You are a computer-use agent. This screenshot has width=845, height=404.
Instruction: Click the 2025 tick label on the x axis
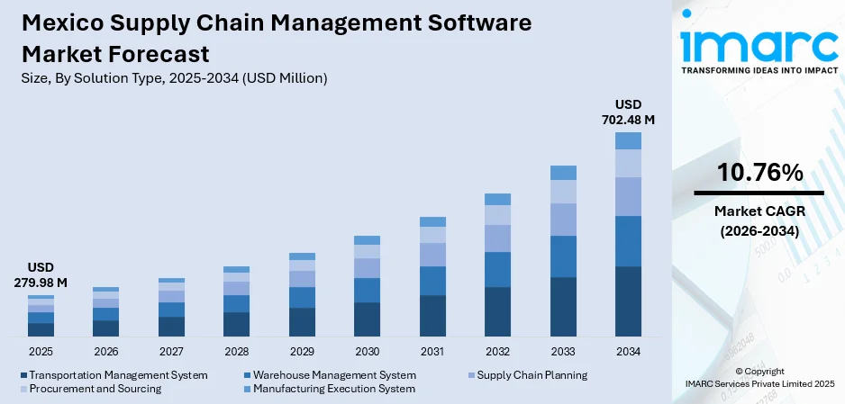[x=41, y=351]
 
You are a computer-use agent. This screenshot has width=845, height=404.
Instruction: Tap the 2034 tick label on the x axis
[x=628, y=351]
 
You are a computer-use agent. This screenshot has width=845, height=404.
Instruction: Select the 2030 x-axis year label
[x=367, y=351]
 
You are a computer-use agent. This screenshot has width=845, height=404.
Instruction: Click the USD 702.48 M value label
[x=628, y=111]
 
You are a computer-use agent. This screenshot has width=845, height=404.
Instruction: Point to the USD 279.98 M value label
[x=41, y=275]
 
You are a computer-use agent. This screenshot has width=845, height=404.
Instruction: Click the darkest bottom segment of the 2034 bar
[x=628, y=301]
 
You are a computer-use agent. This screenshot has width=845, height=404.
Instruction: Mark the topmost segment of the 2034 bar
[x=628, y=140]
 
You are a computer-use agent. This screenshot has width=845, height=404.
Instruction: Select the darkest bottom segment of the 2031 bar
[x=432, y=316]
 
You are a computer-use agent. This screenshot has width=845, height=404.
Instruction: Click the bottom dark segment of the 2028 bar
[x=236, y=324]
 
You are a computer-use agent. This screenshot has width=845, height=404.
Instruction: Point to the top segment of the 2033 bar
[x=563, y=173]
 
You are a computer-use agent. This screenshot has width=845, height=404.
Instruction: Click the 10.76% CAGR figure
[x=759, y=172]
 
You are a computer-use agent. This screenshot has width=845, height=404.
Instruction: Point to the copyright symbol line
[x=759, y=371]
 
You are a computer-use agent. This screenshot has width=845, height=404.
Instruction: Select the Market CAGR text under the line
[x=759, y=211]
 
